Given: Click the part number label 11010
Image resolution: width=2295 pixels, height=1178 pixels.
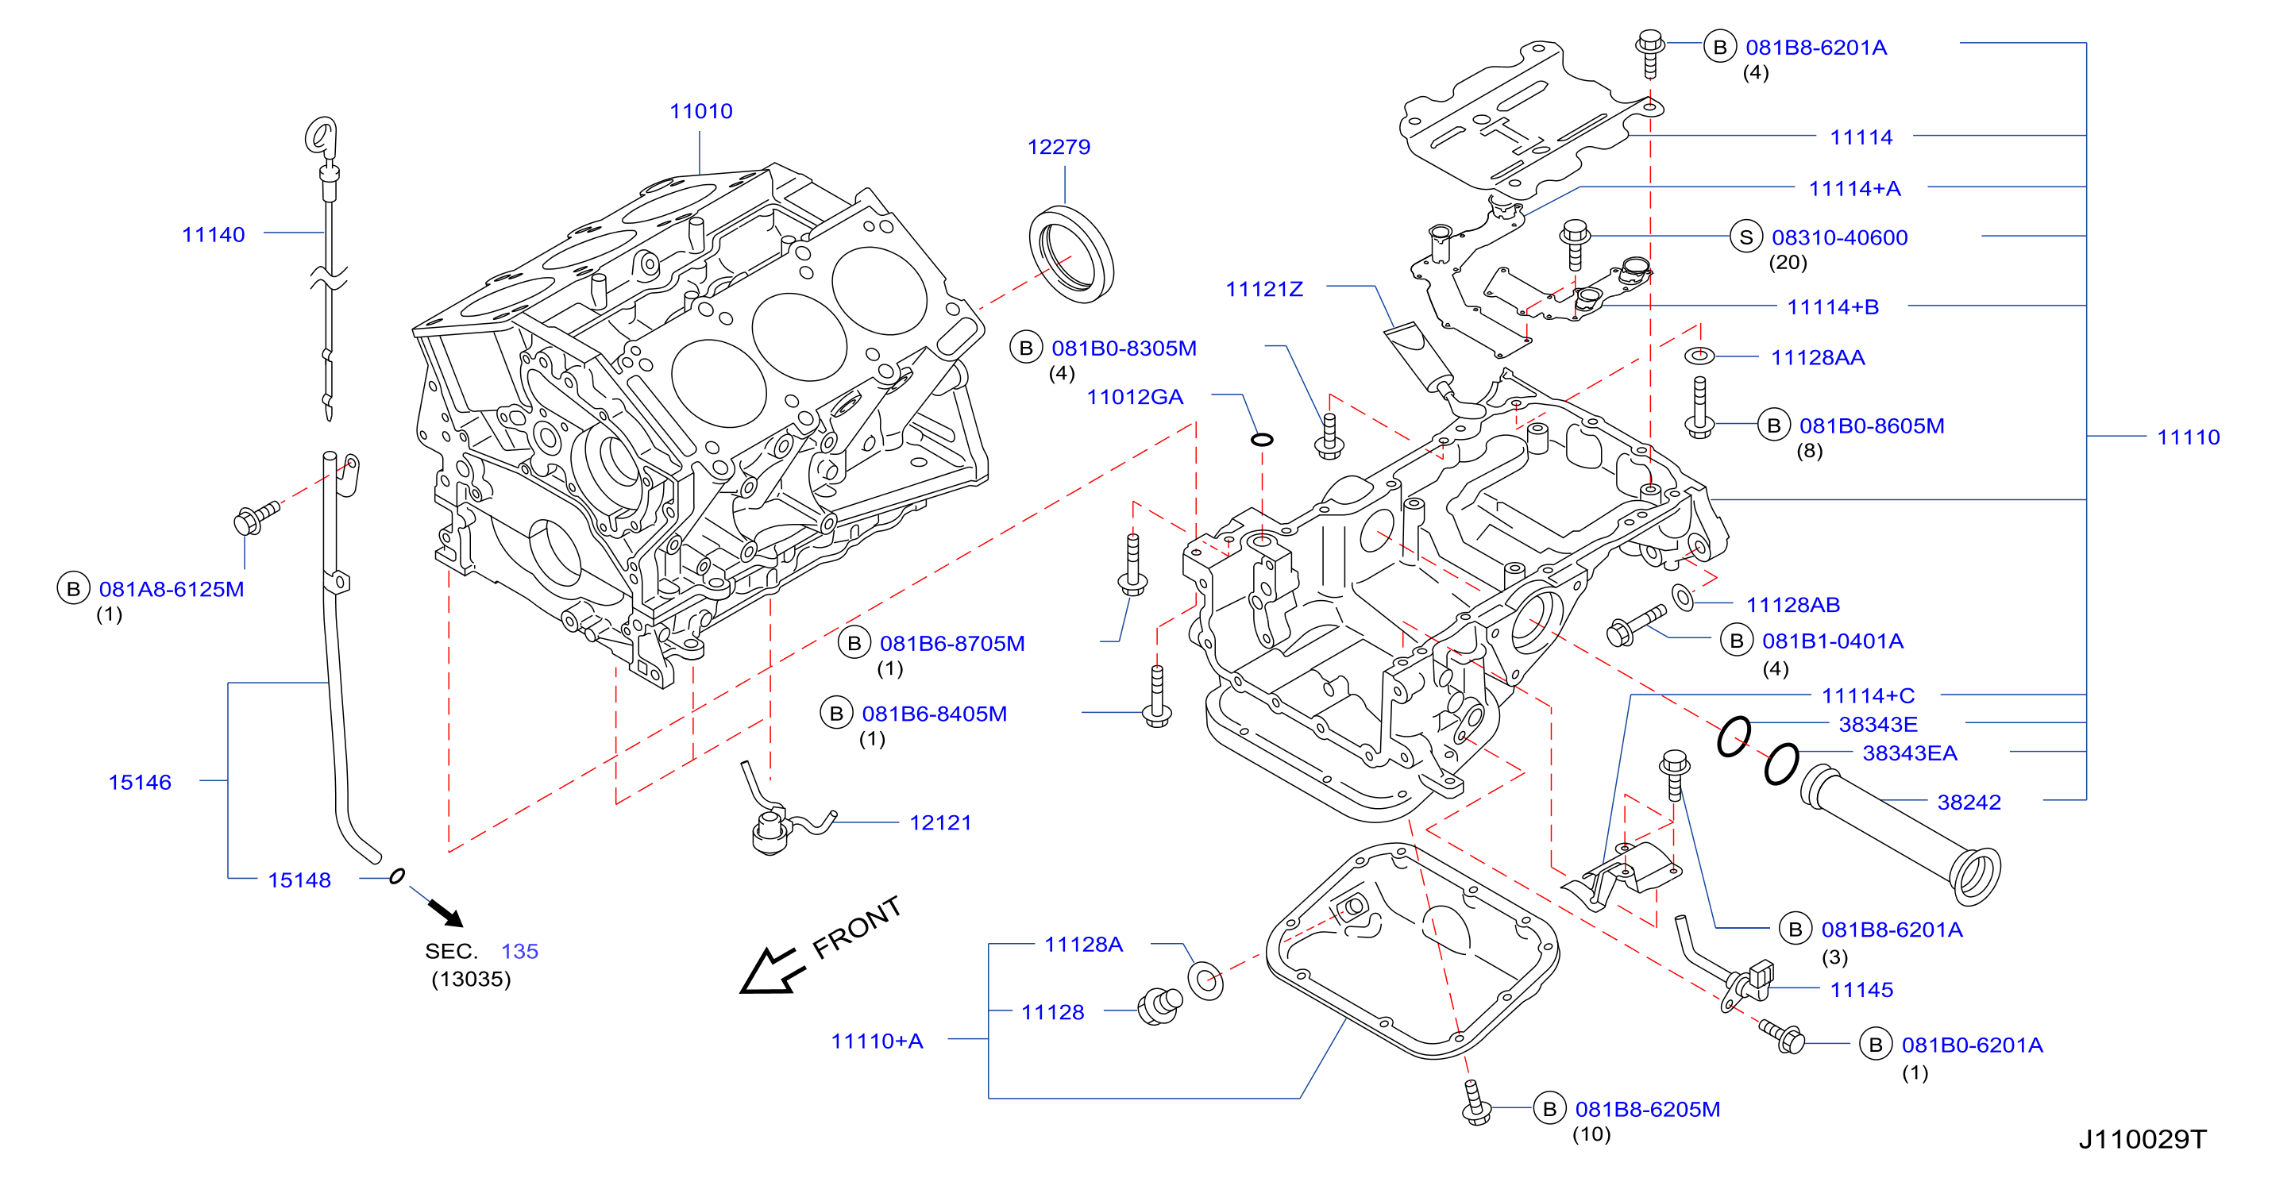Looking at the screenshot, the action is (x=701, y=111).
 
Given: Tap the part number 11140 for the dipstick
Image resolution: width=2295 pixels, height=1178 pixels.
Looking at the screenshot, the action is (x=213, y=235).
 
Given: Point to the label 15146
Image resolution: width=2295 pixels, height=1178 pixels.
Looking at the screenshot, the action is (x=140, y=783).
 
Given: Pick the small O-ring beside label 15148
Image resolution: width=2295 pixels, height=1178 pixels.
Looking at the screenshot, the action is (x=397, y=876).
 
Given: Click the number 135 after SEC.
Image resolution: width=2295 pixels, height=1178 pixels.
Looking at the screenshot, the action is (x=519, y=952).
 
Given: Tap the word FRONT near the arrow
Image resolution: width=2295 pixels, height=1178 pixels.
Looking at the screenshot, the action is (x=856, y=927).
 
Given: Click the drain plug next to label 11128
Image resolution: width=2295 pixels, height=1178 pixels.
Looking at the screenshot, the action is (x=1160, y=1007).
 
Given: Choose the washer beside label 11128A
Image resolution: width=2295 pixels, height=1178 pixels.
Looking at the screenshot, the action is (x=1205, y=980).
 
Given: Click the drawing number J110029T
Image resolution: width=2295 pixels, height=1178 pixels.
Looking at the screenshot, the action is (x=2143, y=1140).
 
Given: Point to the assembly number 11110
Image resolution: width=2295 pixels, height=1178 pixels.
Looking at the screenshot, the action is (x=2188, y=437).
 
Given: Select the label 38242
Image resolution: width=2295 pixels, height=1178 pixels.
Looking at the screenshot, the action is (x=1969, y=803).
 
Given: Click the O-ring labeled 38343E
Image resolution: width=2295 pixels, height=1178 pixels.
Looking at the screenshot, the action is (x=1733, y=737).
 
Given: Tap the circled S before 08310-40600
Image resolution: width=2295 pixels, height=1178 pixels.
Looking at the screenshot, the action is (x=1746, y=237).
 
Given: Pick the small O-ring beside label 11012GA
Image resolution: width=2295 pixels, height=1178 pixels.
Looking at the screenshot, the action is (x=1262, y=439).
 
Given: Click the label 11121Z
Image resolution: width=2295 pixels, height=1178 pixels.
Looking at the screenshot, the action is (x=1264, y=290).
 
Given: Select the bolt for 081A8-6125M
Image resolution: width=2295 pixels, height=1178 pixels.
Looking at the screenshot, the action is (x=256, y=518).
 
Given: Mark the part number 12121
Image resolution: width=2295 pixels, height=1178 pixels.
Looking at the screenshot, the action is (x=940, y=822).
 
